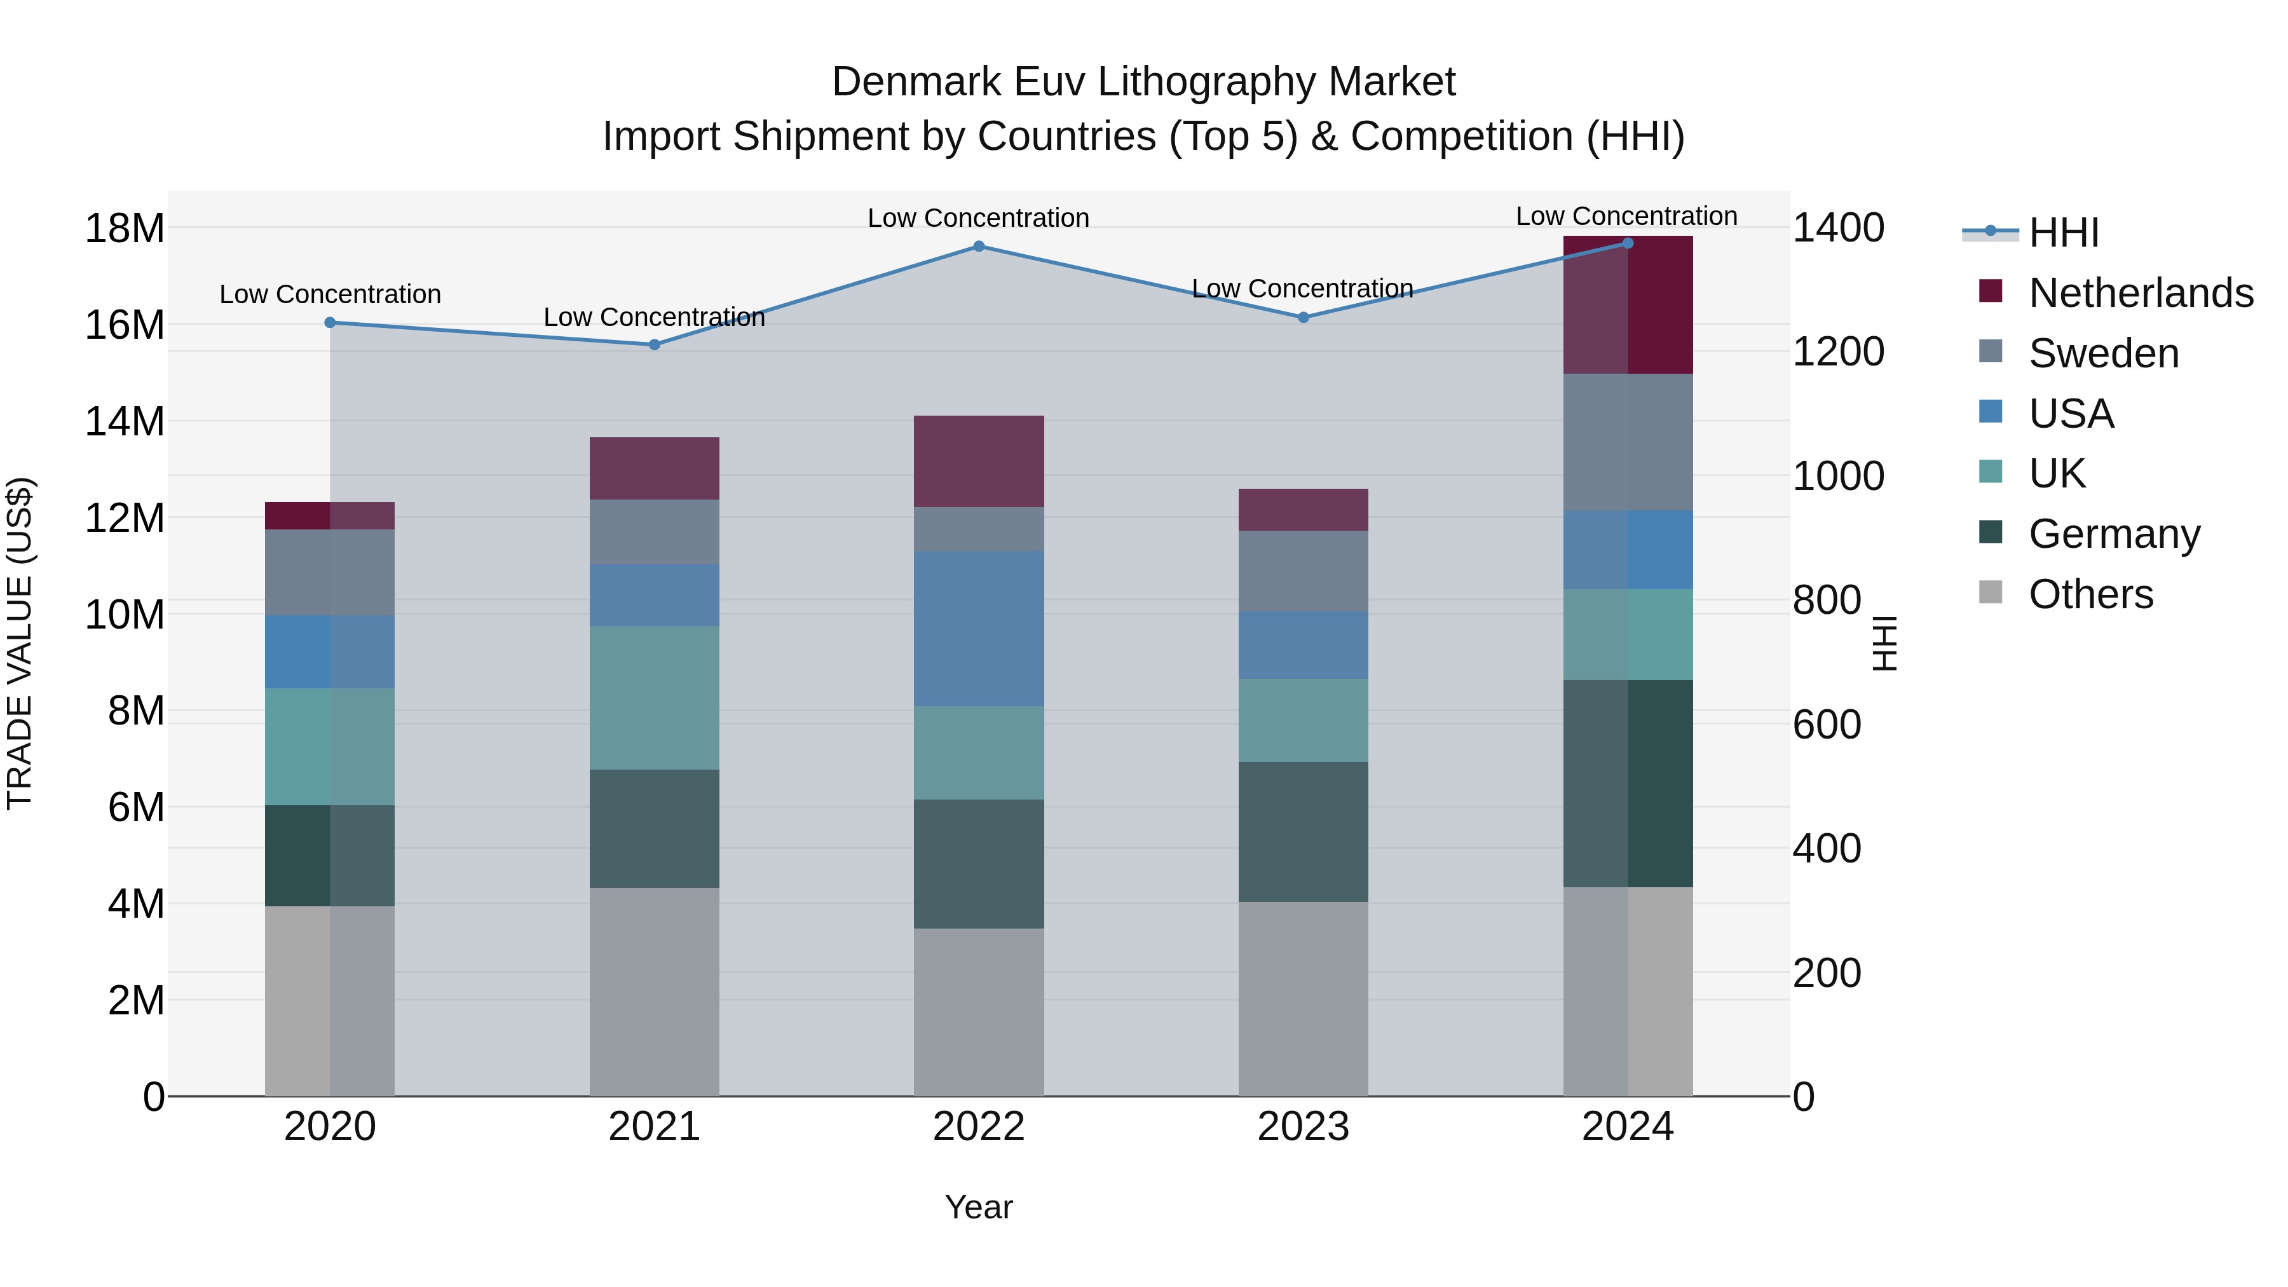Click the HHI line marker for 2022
tap(979, 246)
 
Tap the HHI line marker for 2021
tap(655, 344)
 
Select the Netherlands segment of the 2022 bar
tap(979, 461)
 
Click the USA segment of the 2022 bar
tap(979, 628)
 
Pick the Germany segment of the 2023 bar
tap(1303, 831)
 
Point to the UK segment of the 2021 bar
tap(655, 697)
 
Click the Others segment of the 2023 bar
tap(1303, 998)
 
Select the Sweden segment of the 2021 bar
tap(655, 531)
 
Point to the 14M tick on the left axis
tap(125, 421)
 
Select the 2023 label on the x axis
tap(1303, 1127)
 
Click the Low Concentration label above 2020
tap(330, 294)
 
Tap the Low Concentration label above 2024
tap(1626, 216)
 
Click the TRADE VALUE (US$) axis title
tap(20, 643)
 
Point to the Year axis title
tap(979, 1207)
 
